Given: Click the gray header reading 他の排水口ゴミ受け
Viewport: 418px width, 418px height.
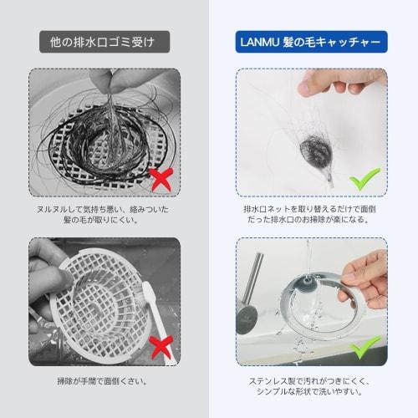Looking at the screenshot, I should tap(104, 40).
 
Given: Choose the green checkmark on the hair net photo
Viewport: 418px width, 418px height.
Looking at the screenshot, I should tap(365, 179).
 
